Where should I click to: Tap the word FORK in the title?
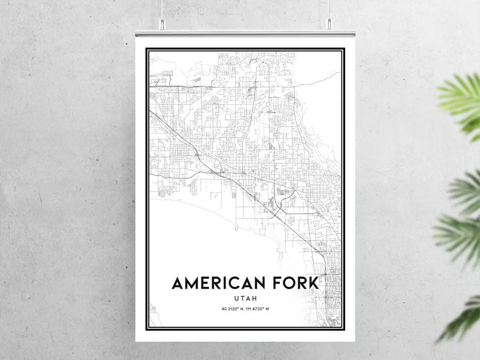click(299, 284)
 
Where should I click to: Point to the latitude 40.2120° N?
click(233, 310)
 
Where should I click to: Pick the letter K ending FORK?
click(318, 284)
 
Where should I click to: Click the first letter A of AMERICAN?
click(178, 284)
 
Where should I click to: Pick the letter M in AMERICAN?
click(192, 284)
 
